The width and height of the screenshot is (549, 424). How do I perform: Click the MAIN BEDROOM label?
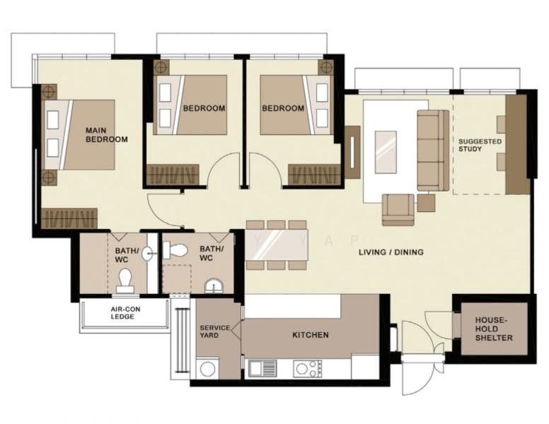coord(106,134)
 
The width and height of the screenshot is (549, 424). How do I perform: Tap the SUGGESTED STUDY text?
coord(480,145)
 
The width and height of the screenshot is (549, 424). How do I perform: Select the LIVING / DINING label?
coord(386,252)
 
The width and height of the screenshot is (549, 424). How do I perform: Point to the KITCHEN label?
coord(310,335)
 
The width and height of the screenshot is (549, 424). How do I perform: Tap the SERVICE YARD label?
coord(214,331)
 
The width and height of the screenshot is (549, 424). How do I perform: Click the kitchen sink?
coord(260,367)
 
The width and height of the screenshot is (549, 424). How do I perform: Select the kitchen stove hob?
coord(308,367)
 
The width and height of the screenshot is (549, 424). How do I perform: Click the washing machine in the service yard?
coord(209,368)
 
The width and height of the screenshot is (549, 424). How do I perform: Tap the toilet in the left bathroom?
coord(126,280)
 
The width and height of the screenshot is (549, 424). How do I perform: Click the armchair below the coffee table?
coord(398,208)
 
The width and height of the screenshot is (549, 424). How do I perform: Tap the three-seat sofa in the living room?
coord(431,150)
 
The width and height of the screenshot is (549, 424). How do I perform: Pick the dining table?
coord(277,245)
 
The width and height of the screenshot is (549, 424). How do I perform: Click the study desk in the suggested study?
coord(516,144)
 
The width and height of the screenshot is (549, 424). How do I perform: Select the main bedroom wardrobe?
coord(69,218)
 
